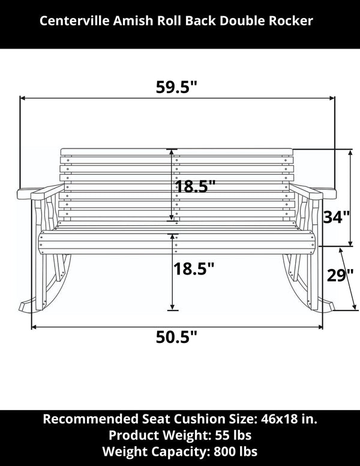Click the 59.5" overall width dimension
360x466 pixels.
coord(176,87)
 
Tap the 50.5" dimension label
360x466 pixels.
coord(176,337)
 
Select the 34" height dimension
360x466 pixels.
coord(336,217)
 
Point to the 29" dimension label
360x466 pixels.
coord(340,277)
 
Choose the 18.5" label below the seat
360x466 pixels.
coord(194,269)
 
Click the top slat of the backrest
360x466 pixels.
coord(177,152)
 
